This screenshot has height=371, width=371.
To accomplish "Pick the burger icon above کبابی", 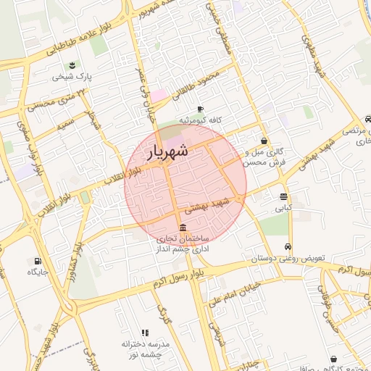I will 283,196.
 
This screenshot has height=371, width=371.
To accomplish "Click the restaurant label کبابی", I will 282,207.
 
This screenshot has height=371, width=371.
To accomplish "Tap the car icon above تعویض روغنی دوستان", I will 288,246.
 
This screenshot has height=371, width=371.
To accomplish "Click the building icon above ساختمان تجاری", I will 180,228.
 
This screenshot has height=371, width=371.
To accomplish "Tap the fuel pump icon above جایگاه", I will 38,261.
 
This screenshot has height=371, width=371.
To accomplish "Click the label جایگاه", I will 38,272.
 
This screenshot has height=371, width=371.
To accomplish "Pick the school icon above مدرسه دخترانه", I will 145,333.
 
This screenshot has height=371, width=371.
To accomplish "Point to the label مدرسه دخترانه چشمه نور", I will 146,349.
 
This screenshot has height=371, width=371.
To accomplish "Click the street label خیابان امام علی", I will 229,293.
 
